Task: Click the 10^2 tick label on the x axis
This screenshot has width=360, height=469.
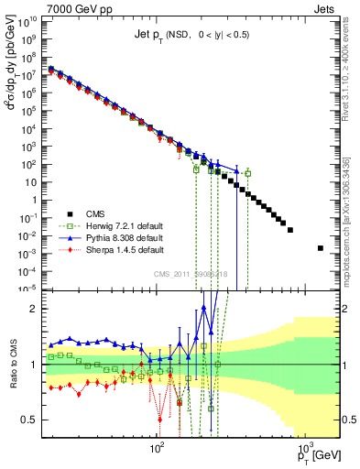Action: coord(157,451)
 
